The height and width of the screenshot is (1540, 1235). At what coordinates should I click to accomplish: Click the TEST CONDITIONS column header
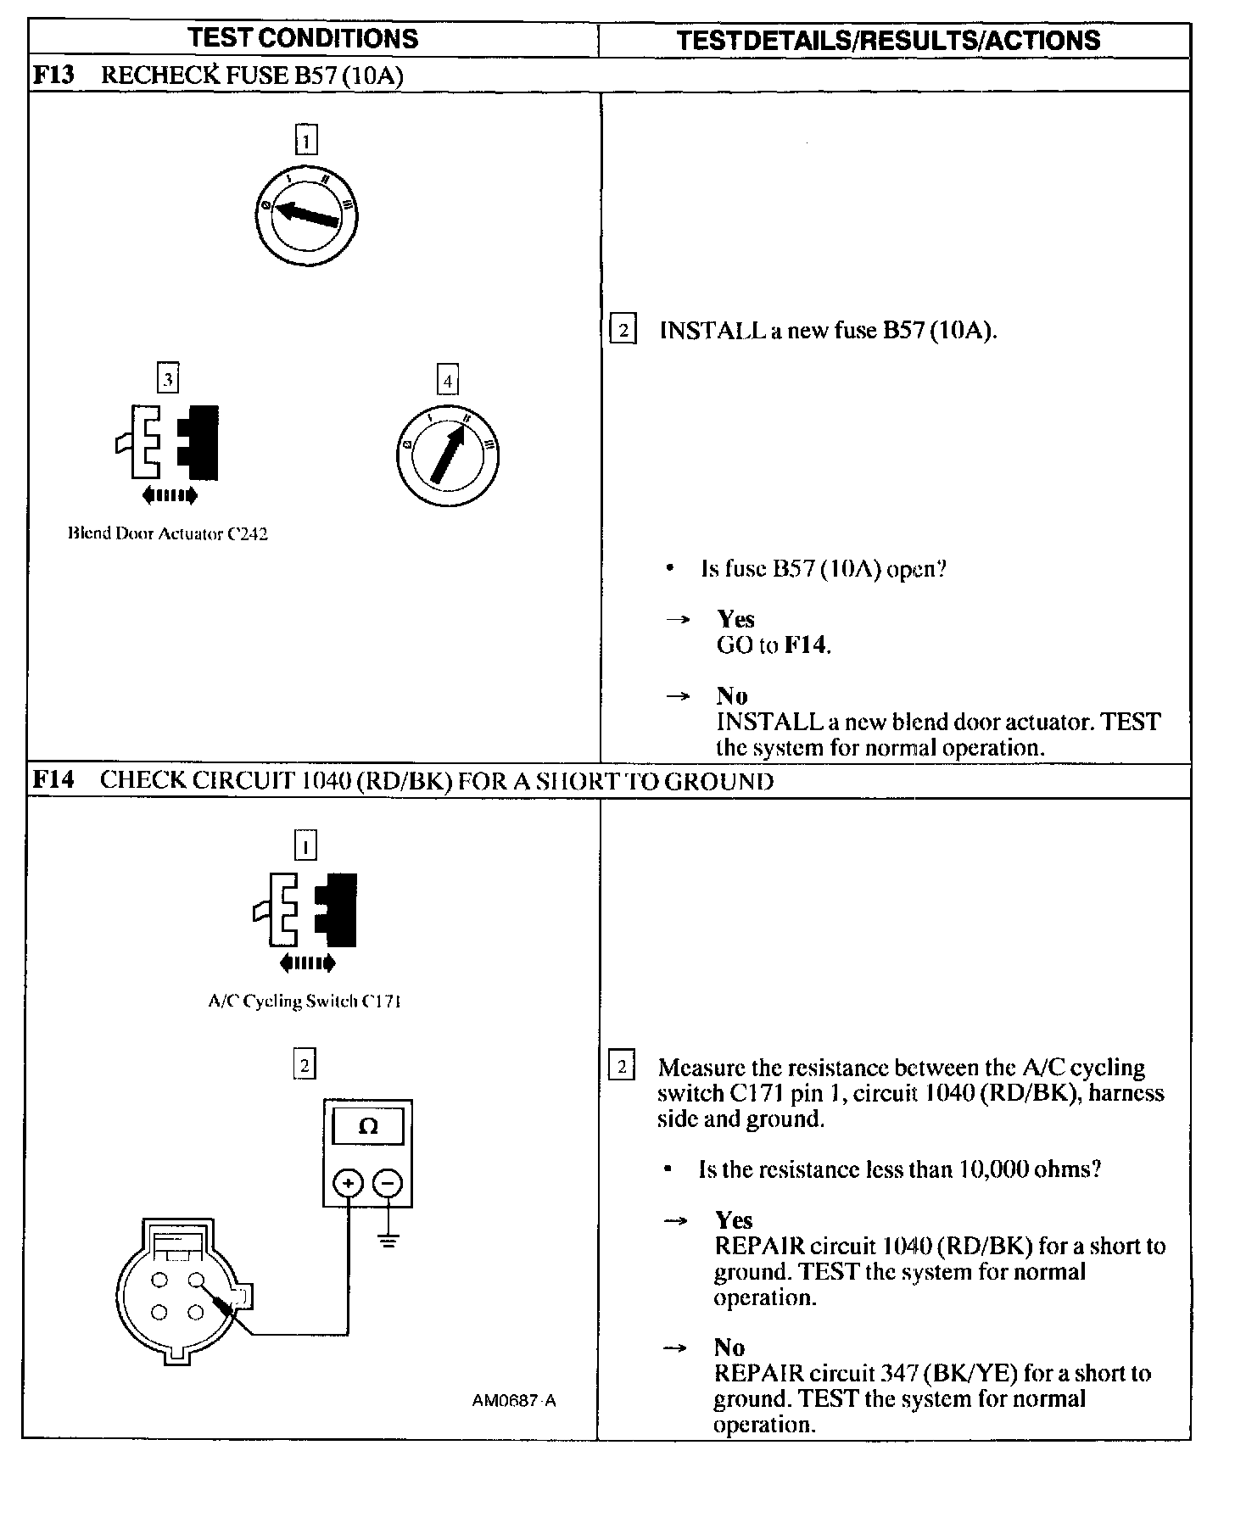303,39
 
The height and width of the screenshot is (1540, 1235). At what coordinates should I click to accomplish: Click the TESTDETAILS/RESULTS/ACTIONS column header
888,40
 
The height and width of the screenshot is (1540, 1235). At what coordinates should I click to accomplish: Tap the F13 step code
53,75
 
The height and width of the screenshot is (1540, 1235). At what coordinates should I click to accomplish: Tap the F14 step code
53,780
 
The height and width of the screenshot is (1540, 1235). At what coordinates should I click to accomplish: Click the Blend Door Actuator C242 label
168,534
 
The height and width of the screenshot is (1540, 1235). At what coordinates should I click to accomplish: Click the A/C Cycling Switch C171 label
305,1002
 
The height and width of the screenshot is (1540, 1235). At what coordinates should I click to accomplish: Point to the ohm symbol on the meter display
368,1126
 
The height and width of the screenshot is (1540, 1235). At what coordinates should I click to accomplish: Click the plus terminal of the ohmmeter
348,1183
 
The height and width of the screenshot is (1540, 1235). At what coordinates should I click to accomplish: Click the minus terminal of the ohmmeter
388,1183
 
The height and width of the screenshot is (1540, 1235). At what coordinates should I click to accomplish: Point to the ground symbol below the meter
388,1243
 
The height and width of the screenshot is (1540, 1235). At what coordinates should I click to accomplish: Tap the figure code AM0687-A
514,1401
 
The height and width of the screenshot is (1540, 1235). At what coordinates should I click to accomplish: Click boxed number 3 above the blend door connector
168,378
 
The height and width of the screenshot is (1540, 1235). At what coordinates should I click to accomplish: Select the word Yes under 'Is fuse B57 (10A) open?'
735,619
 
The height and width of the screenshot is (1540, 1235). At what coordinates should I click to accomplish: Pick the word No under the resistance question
729,1347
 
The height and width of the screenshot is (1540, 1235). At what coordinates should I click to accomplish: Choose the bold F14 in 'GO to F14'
805,645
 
